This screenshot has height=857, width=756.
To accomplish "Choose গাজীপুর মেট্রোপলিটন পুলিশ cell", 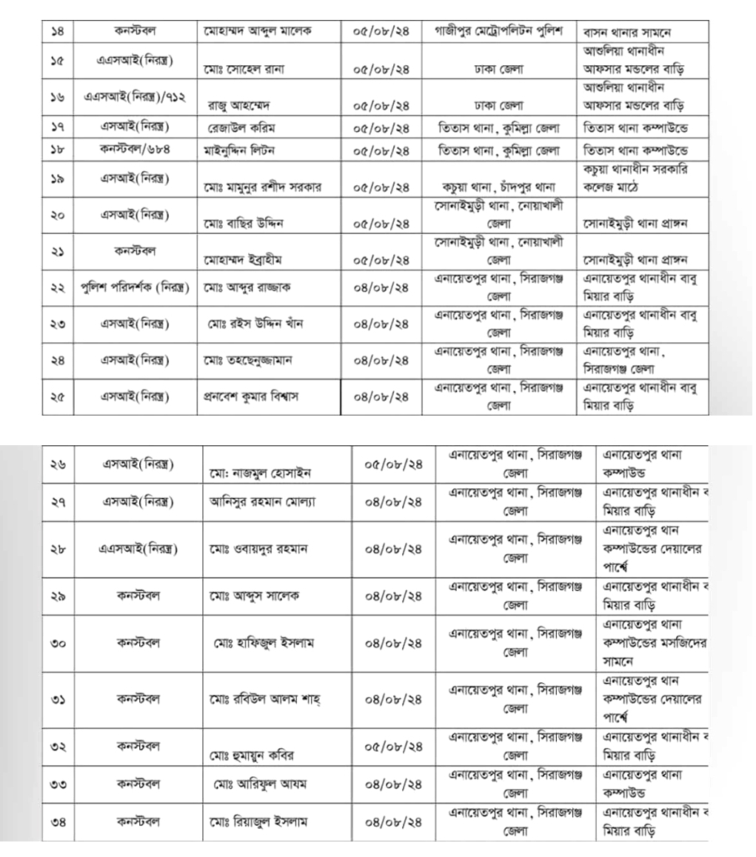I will (500, 32).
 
